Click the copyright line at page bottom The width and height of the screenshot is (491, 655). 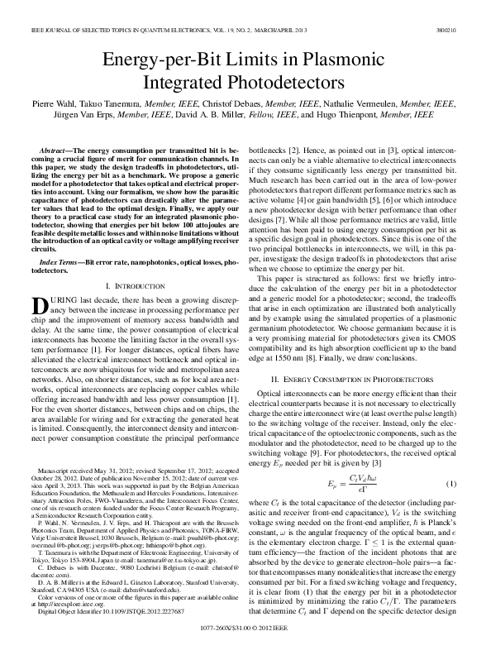tap(245, 629)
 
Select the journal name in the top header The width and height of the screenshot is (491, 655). tap(132, 30)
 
